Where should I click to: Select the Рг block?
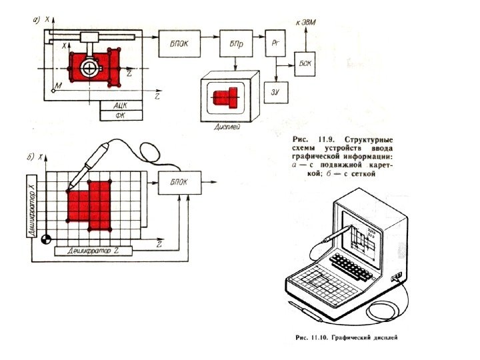[x=275, y=42]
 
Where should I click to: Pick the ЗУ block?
[x=275, y=92]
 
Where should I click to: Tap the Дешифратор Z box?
[x=93, y=250]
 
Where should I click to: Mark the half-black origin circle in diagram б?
[x=46, y=239]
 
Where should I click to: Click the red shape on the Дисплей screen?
[x=226, y=98]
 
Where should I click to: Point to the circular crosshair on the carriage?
[x=88, y=68]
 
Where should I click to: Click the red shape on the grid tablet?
[x=89, y=203]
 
